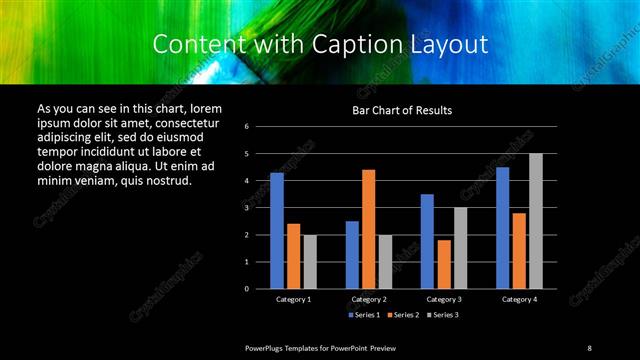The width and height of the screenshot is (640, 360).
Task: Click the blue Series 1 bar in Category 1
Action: [x=276, y=231]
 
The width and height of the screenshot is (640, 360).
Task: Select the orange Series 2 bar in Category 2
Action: [x=369, y=229]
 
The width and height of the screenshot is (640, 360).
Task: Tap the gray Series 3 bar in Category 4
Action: [x=536, y=221]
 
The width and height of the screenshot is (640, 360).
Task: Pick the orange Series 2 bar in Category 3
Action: [x=444, y=264]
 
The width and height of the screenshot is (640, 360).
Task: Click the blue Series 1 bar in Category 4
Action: [x=502, y=228]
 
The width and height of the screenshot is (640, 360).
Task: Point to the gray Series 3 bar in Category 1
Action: [x=310, y=262]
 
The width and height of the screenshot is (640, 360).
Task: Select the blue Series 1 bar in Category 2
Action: [x=352, y=255]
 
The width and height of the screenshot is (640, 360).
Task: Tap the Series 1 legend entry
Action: [x=365, y=315]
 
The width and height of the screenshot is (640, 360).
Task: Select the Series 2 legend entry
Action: [x=403, y=315]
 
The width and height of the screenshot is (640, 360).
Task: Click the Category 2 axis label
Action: [x=369, y=299]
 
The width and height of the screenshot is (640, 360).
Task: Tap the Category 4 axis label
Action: [x=519, y=299]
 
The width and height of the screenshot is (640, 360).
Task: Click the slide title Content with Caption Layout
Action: [x=320, y=45]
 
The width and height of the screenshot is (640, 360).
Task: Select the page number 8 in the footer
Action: [x=589, y=347]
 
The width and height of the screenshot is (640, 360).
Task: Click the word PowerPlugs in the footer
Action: [x=267, y=347]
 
